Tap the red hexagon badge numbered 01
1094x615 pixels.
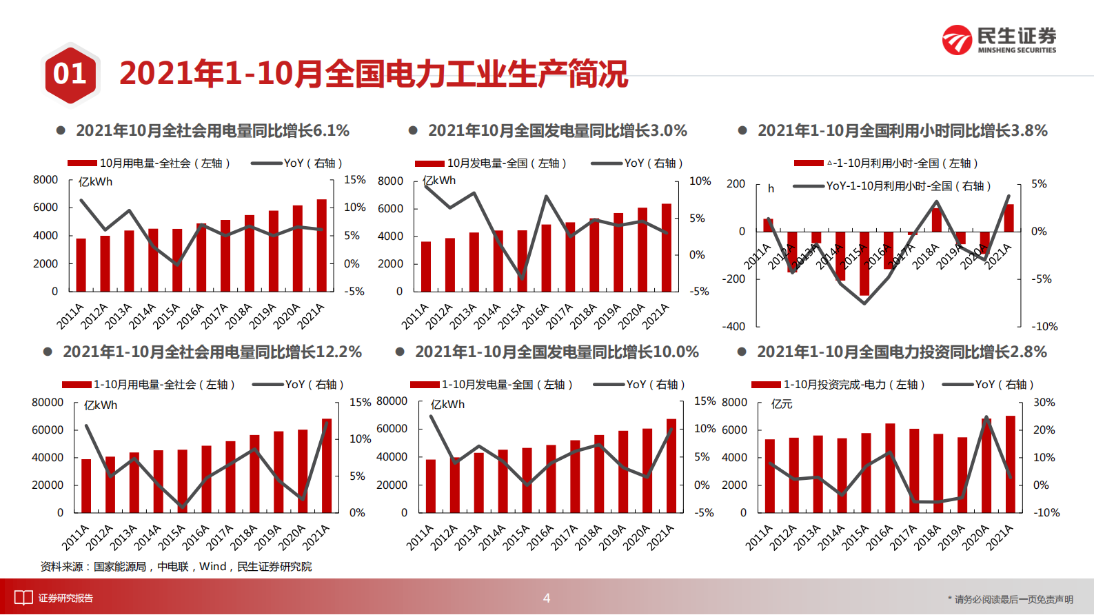pyautogui.click(x=70, y=74)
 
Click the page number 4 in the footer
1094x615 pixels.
pyautogui.click(x=547, y=598)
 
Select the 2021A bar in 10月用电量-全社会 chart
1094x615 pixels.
pyautogui.click(x=321, y=245)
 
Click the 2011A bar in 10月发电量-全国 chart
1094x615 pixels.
pyautogui.click(x=426, y=267)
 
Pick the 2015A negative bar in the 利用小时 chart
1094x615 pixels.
pyautogui.click(x=864, y=263)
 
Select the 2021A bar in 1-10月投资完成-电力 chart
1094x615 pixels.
pyautogui.click(x=1010, y=464)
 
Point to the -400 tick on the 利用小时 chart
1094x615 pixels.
pyautogui.click(x=734, y=327)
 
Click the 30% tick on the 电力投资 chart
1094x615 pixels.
pyautogui.click(x=1044, y=402)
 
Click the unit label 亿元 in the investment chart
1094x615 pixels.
pyautogui.click(x=782, y=404)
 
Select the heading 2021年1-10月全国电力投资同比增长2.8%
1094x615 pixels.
pyautogui.click(x=902, y=352)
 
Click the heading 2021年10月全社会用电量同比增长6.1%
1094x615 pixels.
pyautogui.click(x=212, y=131)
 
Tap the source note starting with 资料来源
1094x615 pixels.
pyautogui.click(x=176, y=567)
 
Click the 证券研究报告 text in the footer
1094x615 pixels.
pyautogui.click(x=65, y=598)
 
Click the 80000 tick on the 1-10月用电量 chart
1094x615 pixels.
pyautogui.click(x=48, y=402)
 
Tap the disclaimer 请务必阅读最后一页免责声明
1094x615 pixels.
pyautogui.click(x=1013, y=599)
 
